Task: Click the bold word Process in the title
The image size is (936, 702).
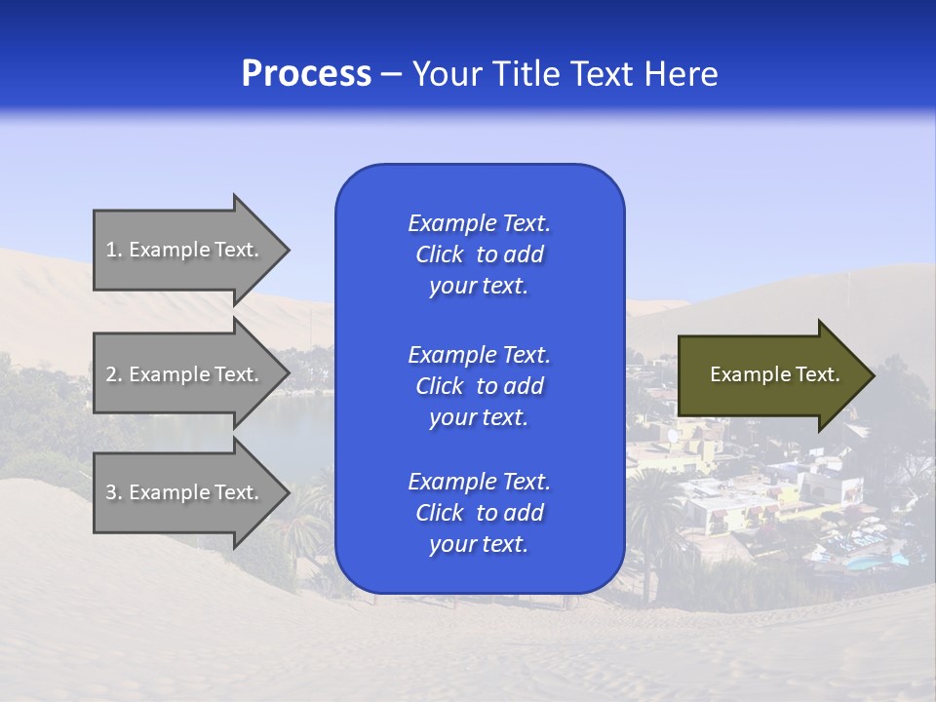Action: coord(306,74)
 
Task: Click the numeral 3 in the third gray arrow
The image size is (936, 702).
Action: coord(111,492)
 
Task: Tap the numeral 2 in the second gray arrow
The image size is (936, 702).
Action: coord(111,374)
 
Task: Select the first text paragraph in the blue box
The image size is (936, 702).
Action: coord(479,254)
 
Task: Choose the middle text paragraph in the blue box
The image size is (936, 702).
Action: coord(479,386)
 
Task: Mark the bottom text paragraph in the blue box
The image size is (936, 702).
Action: coord(479,513)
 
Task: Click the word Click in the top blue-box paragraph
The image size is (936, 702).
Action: coord(439,254)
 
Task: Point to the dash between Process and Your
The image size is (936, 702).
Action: coord(391,75)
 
